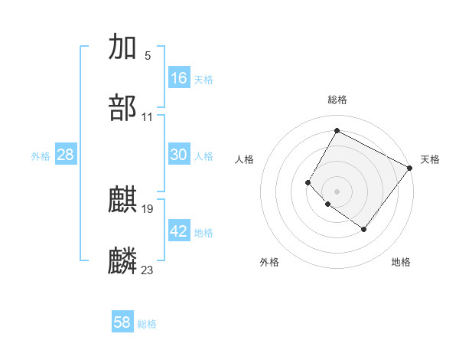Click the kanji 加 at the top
click(123, 47)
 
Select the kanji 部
click(123, 108)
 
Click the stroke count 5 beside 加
click(148, 56)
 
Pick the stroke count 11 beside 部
click(148, 117)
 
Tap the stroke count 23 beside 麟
click(148, 270)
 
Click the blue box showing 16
click(179, 78)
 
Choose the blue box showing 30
click(179, 155)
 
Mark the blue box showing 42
click(179, 231)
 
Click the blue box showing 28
click(66, 155)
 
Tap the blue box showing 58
click(122, 322)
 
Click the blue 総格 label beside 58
click(147, 324)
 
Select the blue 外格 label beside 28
click(41, 156)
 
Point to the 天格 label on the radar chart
click(430, 159)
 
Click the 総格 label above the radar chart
click(337, 100)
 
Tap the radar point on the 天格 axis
click(409, 168)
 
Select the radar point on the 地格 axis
click(364, 229)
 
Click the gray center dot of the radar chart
click(337, 191)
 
